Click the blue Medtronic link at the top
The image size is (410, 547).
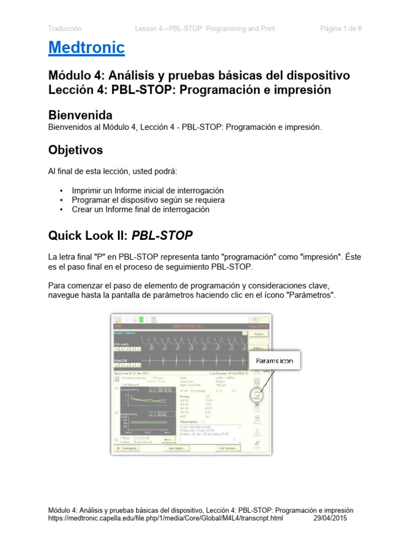tap(86, 48)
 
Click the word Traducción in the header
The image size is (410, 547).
tap(65, 29)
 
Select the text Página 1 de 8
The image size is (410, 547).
tap(341, 29)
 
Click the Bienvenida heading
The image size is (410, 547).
tap(80, 115)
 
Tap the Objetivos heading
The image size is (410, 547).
tap(75, 150)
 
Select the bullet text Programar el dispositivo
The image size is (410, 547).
tap(148, 200)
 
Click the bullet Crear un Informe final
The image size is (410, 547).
tap(140, 210)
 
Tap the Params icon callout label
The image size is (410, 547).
tap(273, 361)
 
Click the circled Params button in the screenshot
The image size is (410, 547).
tap(257, 395)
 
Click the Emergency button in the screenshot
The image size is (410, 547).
tap(127, 448)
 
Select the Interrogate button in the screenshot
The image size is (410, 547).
tap(177, 448)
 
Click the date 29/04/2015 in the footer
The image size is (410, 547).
tap(329, 518)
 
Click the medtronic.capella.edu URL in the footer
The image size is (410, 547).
tap(165, 518)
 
